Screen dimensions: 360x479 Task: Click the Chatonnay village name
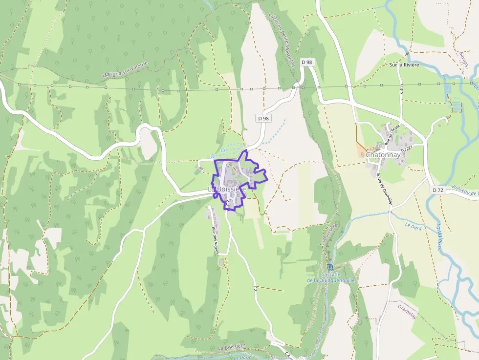[383, 155]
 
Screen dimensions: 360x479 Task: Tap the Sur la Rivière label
[404, 64]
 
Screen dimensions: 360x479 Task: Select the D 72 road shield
[437, 190]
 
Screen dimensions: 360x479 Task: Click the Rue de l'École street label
[392, 135]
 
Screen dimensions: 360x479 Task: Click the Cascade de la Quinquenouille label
[331, 277]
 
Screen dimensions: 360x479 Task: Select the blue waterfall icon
[331, 267]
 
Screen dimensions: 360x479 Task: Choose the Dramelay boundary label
[407, 309]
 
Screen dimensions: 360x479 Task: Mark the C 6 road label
[401, 90]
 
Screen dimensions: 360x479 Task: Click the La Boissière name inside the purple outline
[227, 189]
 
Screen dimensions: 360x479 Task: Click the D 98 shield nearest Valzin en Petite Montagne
[306, 62]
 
